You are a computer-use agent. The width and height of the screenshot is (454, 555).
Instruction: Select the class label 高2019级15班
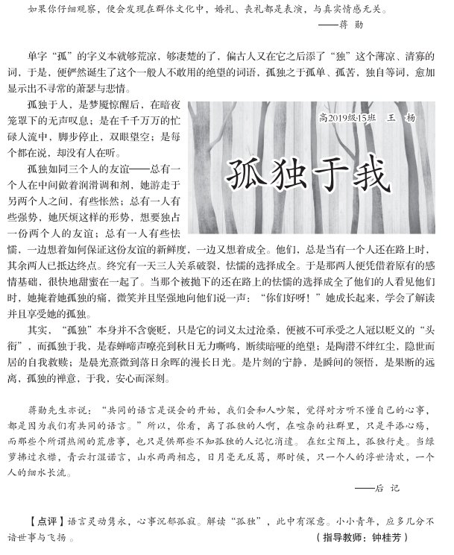click(348, 118)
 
